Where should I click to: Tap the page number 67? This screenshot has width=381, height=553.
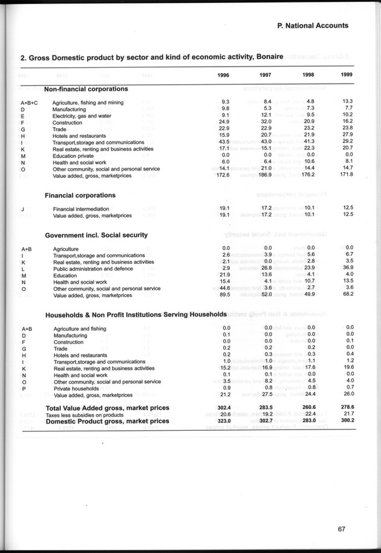343,531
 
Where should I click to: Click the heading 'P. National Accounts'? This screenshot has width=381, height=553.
312,26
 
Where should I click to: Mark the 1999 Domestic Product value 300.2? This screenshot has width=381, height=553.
345,420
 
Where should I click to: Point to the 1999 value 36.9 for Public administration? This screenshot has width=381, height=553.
347,268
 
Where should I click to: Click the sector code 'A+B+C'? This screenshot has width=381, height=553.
30,103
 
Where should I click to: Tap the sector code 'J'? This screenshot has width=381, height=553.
22,209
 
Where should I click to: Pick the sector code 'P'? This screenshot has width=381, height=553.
23,388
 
